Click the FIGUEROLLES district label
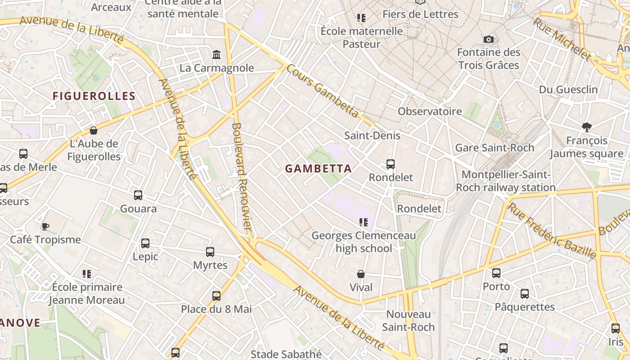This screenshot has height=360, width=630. pyautogui.click(x=94, y=96)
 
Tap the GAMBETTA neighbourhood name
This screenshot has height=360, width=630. pyautogui.click(x=318, y=169)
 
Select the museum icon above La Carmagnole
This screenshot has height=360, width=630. pyautogui.click(x=216, y=55)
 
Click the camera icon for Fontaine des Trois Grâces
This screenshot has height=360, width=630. pyautogui.click(x=489, y=40)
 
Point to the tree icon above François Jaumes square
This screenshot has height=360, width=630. pyautogui.click(x=586, y=127)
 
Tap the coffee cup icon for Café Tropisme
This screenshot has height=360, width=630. pyautogui.click(x=45, y=226)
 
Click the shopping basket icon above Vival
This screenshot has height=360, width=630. pyautogui.click(x=361, y=274)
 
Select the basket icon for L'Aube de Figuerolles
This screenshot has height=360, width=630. pyautogui.click(x=94, y=130)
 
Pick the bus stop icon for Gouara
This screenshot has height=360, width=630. pyautogui.click(x=138, y=195)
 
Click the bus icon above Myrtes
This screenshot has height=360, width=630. pyautogui.click(x=210, y=252)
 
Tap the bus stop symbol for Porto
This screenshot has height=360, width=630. pyautogui.click(x=496, y=273)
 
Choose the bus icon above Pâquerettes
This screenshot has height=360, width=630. pyautogui.click(x=525, y=294)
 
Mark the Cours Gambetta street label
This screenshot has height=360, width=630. pyautogui.click(x=322, y=90)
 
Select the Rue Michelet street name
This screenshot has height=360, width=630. pyautogui.click(x=562, y=39)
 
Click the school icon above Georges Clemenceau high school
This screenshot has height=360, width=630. pyautogui.click(x=364, y=222)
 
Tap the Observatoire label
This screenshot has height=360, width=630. pyautogui.click(x=430, y=111)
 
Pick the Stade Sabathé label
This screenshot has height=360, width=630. pyautogui.click(x=286, y=354)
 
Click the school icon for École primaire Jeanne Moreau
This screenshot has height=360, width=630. pyautogui.click(x=87, y=274)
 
